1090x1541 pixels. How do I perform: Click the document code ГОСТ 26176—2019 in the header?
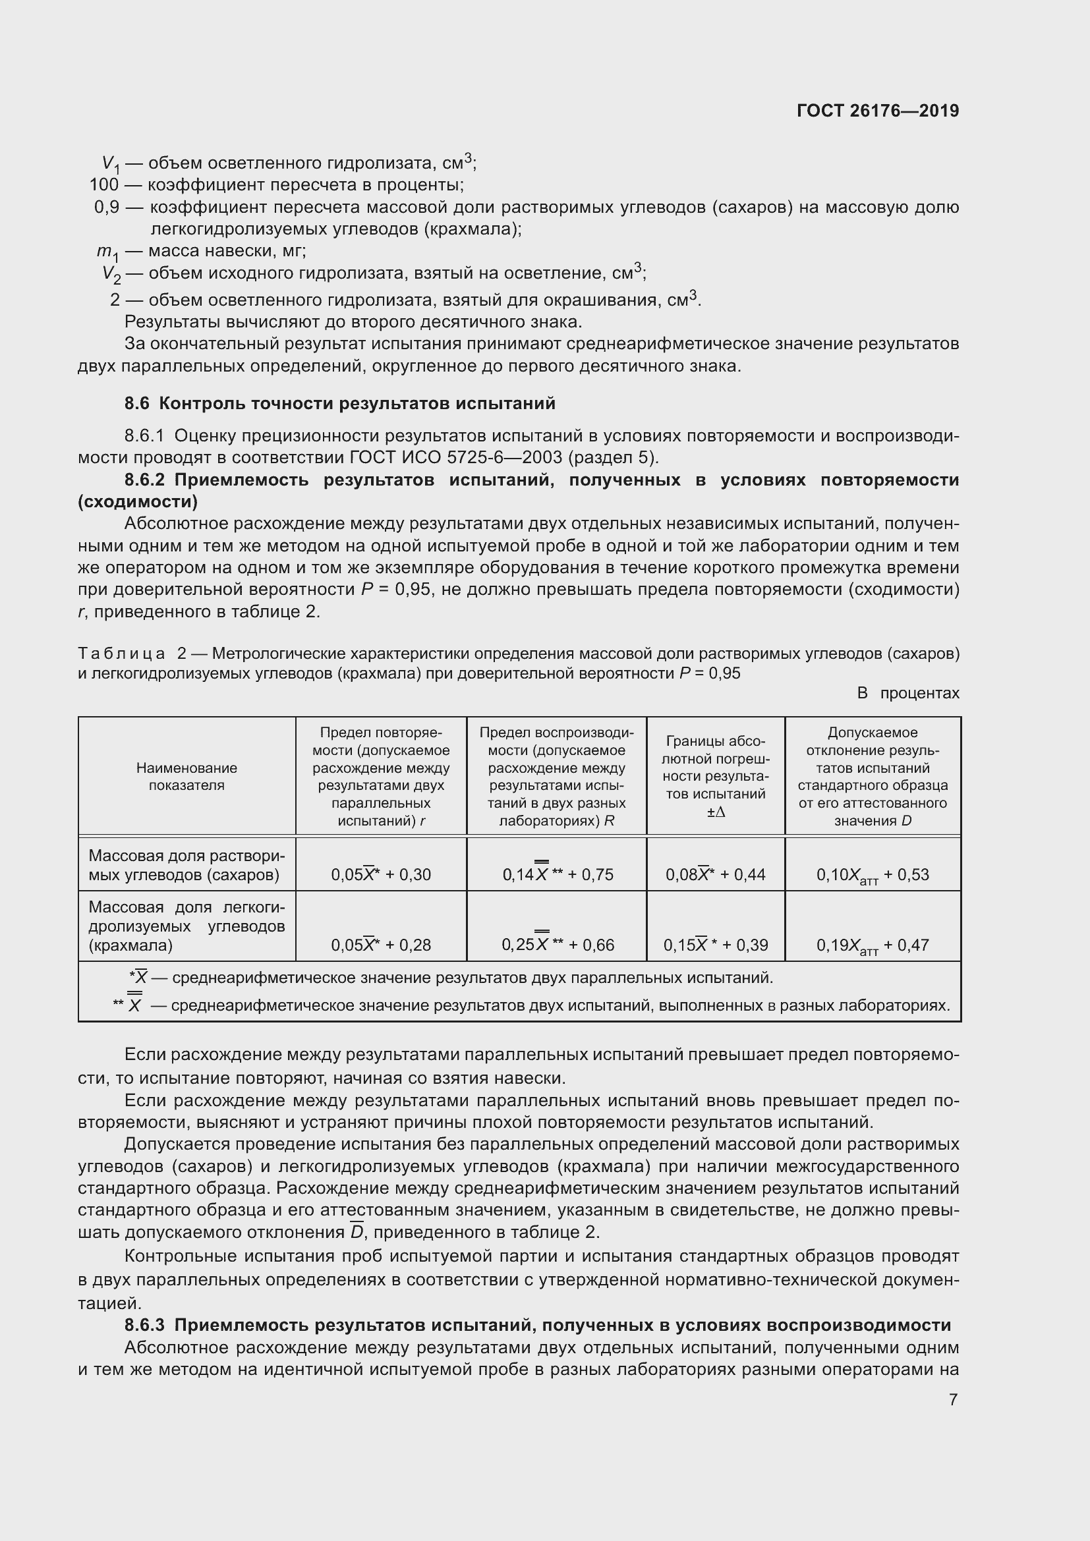pyautogui.click(x=877, y=111)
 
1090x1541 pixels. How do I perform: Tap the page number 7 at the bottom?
pyautogui.click(x=953, y=1399)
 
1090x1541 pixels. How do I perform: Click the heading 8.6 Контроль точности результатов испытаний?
pyautogui.click(x=339, y=403)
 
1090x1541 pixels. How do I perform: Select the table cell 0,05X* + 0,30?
pyautogui.click(x=380, y=874)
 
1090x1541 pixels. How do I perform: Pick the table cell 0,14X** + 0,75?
pyautogui.click(x=557, y=874)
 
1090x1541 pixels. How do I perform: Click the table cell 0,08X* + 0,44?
pyautogui.click(x=716, y=874)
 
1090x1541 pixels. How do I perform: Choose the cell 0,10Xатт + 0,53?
pyautogui.click(x=873, y=874)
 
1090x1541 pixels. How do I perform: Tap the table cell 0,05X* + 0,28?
pyautogui.click(x=380, y=944)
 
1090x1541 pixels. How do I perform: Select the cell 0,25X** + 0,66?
pyautogui.click(x=557, y=944)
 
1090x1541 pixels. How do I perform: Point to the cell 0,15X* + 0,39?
pyautogui.click(x=716, y=944)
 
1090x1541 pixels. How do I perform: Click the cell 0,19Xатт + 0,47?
pyautogui.click(x=873, y=945)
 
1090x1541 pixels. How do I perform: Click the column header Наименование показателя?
pyautogui.click(x=186, y=777)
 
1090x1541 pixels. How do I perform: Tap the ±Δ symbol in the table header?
pyautogui.click(x=716, y=812)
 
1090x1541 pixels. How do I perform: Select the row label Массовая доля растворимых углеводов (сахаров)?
pyautogui.click(x=186, y=865)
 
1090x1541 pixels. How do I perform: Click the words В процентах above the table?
pyautogui.click(x=907, y=693)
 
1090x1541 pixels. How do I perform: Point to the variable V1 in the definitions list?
pyautogui.click(x=109, y=164)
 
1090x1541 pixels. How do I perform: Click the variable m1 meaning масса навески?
pyautogui.click(x=107, y=252)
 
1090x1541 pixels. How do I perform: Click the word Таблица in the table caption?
pyautogui.click(x=121, y=653)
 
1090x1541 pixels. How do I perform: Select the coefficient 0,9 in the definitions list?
pyautogui.click(x=107, y=208)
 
